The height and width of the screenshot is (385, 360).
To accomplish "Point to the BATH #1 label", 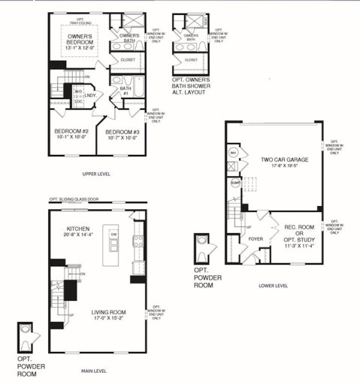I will pos(125,92).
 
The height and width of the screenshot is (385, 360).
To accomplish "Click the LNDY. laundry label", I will pos(91,95).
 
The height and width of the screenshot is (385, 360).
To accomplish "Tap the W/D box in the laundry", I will pos(77,92).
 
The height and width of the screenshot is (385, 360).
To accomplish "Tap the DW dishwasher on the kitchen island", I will pos(113,234).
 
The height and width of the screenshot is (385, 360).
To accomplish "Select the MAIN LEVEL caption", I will pos(97,370).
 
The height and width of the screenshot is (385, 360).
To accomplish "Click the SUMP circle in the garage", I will pos(234,181).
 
